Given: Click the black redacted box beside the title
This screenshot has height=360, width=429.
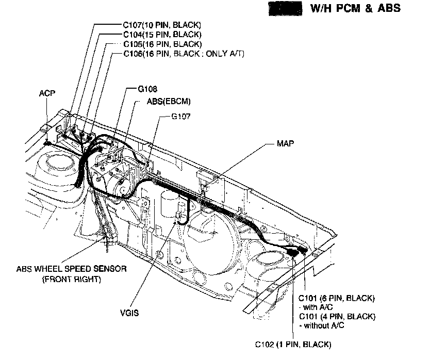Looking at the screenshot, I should (284, 9).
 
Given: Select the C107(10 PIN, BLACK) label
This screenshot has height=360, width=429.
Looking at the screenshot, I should (162, 25).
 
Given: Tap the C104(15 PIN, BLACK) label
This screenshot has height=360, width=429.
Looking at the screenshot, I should (162, 35).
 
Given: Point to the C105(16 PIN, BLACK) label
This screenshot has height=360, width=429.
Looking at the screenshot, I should (162, 44).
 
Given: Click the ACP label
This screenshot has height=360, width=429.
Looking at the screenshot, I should (47, 93).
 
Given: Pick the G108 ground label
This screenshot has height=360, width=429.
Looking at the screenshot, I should (147, 89).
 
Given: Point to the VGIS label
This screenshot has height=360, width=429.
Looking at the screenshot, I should (129, 312).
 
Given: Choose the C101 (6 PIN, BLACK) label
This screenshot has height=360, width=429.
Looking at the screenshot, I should (337, 299).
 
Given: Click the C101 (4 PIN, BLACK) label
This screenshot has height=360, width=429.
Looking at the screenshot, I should (337, 316).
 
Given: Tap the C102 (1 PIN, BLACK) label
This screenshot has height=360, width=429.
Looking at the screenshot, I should (293, 343).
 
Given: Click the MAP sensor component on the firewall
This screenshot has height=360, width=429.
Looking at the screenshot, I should (206, 179).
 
